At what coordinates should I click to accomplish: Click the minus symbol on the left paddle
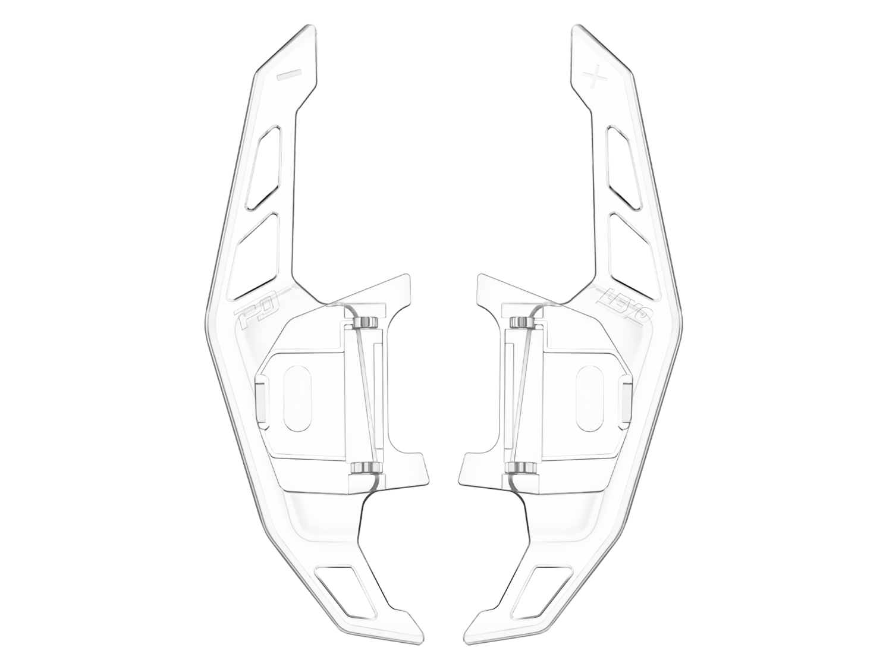coord(290,74)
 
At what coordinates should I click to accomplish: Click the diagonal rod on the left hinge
coord(368,395)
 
